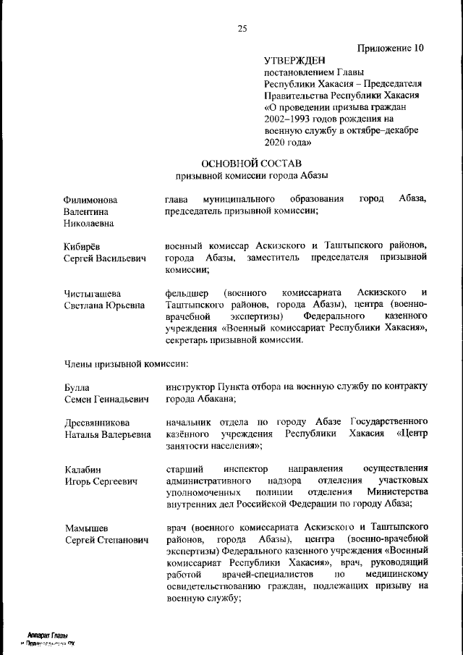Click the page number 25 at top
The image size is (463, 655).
click(x=242, y=29)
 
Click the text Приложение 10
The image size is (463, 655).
click(x=390, y=48)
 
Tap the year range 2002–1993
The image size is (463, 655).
click(x=289, y=119)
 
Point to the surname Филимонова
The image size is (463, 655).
click(x=90, y=199)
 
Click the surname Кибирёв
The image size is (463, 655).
click(x=83, y=246)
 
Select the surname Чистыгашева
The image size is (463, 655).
click(x=92, y=293)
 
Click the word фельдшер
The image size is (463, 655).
click(x=185, y=293)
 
